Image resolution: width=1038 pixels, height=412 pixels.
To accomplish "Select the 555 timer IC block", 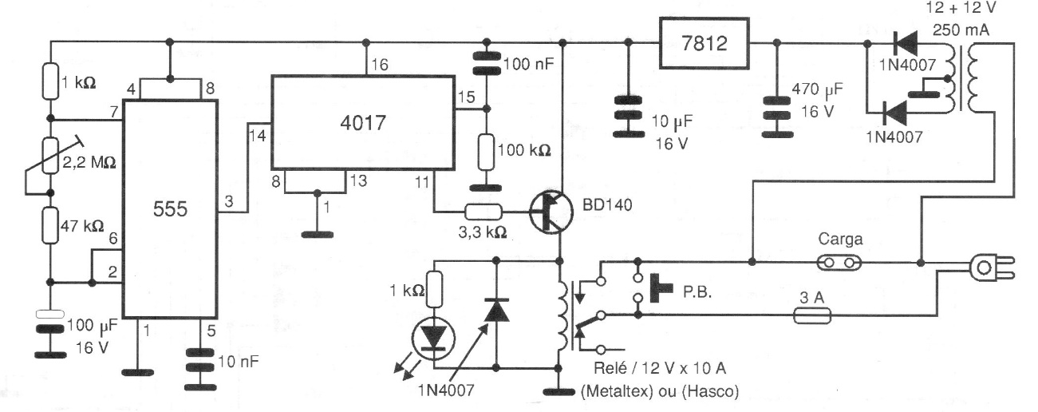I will tap(170, 210).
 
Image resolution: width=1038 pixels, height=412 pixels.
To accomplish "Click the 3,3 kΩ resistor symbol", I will tap(484, 212).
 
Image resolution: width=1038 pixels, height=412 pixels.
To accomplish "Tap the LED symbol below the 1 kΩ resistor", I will tap(433, 336).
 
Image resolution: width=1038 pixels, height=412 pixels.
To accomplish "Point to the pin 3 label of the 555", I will tap(229, 204).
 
